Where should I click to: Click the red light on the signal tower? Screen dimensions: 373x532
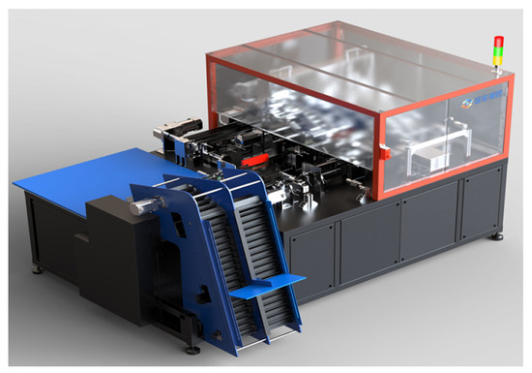499,42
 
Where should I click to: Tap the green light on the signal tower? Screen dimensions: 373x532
499,61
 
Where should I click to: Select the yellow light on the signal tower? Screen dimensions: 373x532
499,51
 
